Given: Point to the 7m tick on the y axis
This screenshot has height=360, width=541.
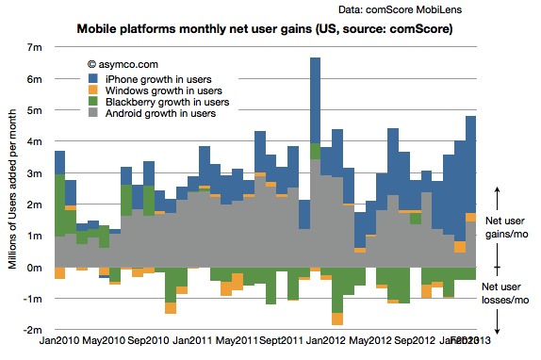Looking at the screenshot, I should (x=36, y=47).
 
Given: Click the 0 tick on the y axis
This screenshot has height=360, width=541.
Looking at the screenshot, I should (x=40, y=268).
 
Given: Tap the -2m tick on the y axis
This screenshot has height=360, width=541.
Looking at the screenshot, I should (x=34, y=331).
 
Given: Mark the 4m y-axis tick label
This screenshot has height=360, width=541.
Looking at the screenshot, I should (x=36, y=141).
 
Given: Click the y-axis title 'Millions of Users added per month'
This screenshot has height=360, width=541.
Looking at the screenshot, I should (x=13, y=189).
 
